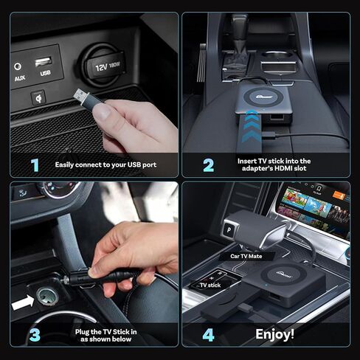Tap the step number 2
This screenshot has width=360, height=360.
(208, 165)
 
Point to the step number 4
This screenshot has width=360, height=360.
(208, 335)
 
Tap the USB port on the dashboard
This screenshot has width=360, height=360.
(46, 60)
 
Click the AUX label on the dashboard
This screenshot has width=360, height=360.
(19, 77)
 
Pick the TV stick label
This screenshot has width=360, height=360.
(210, 285)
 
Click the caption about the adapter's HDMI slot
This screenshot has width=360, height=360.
(274, 165)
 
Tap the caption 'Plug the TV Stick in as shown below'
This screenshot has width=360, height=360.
(106, 335)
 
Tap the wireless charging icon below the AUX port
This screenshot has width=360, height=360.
(38, 97)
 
